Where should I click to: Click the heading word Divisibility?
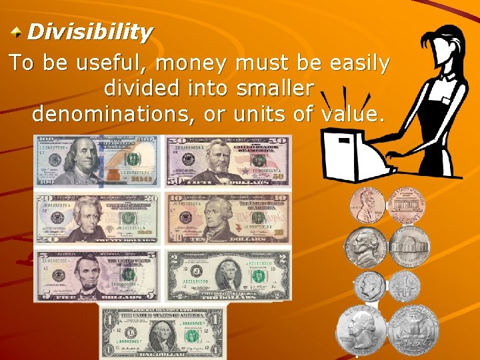click(x=90, y=31)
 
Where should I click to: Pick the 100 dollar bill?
click(x=97, y=162)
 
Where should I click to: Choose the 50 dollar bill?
click(x=228, y=162)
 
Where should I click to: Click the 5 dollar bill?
click(x=97, y=275)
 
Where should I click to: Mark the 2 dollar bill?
click(x=228, y=275)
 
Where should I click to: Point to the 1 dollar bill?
click(x=163, y=331)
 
